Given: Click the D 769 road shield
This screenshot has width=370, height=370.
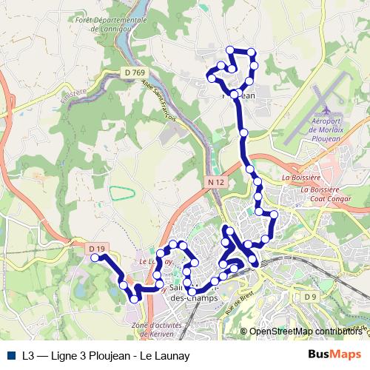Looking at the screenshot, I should (x=134, y=72).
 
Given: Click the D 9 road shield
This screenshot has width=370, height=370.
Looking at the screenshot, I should (x=310, y=296).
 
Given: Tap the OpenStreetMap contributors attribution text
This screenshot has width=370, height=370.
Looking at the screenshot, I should (x=306, y=332).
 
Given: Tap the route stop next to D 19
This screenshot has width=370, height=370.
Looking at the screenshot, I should (x=95, y=258).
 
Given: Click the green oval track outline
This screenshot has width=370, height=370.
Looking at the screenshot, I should (x=122, y=192).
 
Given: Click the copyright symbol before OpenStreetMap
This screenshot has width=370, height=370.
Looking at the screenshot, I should (x=244, y=332).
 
